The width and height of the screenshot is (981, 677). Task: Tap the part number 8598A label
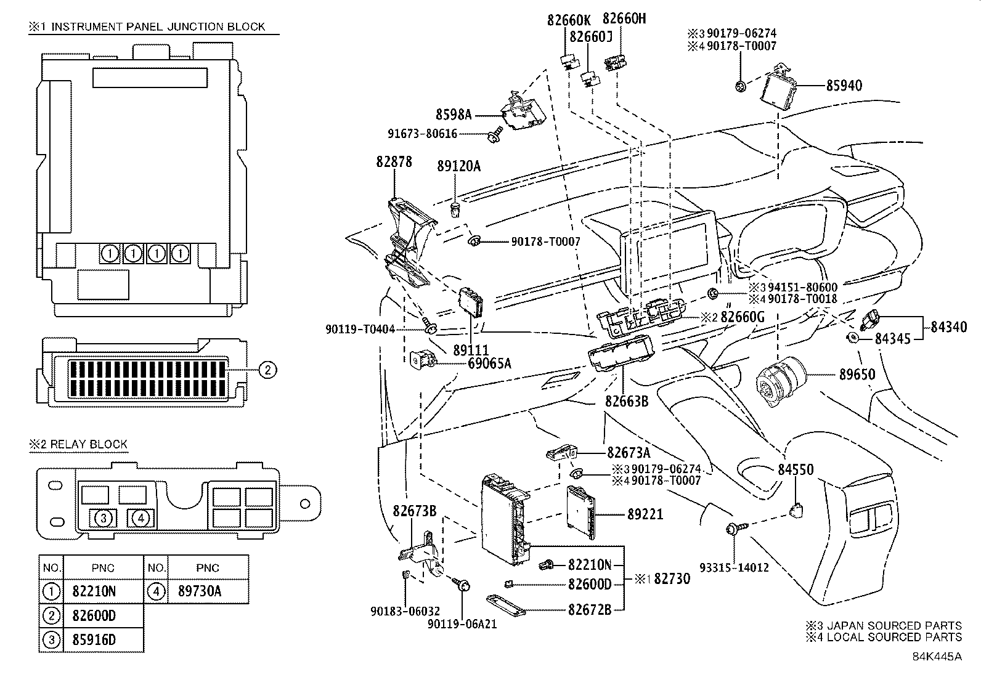(x=454, y=114)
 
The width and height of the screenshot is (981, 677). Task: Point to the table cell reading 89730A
(x=199, y=591)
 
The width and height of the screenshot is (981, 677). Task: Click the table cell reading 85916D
(x=94, y=639)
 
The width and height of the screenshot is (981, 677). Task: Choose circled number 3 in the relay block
(x=104, y=518)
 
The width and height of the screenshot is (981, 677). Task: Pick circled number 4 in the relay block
(x=140, y=518)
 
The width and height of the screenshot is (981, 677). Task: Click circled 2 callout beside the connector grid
(x=266, y=370)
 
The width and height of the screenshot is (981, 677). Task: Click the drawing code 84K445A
(x=937, y=656)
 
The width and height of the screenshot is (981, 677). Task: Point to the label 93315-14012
(x=734, y=567)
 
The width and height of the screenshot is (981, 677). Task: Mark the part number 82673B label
(x=414, y=511)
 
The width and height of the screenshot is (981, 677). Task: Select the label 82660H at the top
(x=624, y=18)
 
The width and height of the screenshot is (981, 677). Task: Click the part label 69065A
(x=489, y=363)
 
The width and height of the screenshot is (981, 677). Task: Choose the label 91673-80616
(x=422, y=134)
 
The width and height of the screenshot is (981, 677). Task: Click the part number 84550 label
(x=795, y=470)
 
